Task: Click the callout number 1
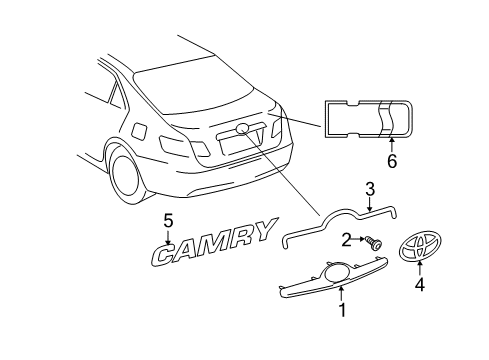342,309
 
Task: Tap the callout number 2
347,240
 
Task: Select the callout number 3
370,189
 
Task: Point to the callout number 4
420,285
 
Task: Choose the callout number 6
392,161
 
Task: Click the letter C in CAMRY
167,254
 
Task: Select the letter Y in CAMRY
262,229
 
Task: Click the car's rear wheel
128,176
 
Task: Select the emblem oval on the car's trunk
243,128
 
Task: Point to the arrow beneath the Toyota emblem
420,267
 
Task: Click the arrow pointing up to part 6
392,145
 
